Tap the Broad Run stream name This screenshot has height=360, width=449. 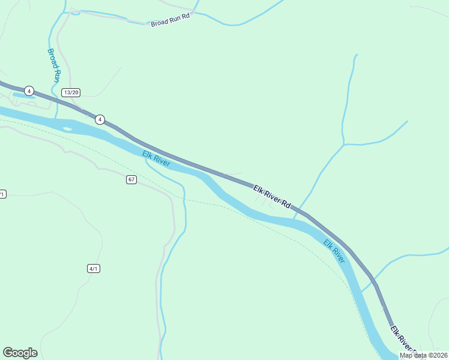pyautogui.click(x=54, y=65)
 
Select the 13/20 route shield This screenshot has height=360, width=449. pyautogui.click(x=71, y=92)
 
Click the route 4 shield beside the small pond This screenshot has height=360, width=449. pyautogui.click(x=29, y=91)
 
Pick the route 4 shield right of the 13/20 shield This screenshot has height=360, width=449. pyautogui.click(x=100, y=119)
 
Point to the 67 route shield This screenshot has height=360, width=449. pyautogui.click(x=132, y=179)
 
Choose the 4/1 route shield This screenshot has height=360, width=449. pyautogui.click(x=93, y=268)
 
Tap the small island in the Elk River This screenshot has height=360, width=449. pyautogui.click(x=67, y=128)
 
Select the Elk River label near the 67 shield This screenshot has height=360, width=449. pyautogui.click(x=156, y=159)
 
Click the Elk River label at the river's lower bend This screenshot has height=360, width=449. pyautogui.click(x=334, y=251)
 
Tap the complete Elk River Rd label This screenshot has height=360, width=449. pyautogui.click(x=272, y=197)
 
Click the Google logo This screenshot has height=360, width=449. pyautogui.click(x=20, y=353)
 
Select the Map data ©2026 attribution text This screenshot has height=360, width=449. pyautogui.click(x=423, y=355)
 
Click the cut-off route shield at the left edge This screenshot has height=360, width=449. pyautogui.click(x=2, y=194)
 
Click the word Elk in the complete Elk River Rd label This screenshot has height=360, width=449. pyautogui.click(x=258, y=190)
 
